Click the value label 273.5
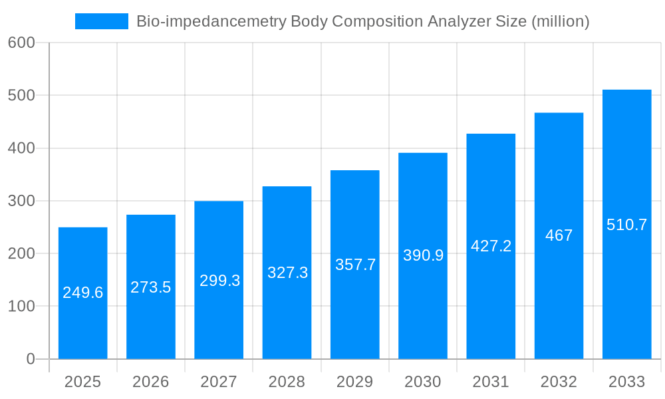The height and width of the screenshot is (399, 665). click(x=151, y=287)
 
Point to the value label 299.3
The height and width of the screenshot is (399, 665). click(x=219, y=281)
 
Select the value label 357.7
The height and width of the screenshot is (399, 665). click(x=355, y=265)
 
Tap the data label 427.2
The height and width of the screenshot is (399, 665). click(x=491, y=246)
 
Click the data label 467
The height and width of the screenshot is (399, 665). click(x=559, y=235)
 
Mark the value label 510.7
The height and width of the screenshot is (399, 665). click(x=626, y=225)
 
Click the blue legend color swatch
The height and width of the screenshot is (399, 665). click(x=101, y=21)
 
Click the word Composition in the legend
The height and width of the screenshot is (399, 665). click(x=377, y=21)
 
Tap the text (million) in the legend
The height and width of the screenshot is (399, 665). click(x=561, y=21)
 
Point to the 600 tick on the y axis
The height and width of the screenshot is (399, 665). click(x=21, y=43)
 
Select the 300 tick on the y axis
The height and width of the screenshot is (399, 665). click(x=21, y=201)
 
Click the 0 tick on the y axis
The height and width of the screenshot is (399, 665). click(x=30, y=359)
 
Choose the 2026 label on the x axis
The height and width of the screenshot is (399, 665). click(x=151, y=382)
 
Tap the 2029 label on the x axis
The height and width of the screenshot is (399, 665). click(x=355, y=382)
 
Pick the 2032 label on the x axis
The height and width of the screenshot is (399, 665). click(x=559, y=382)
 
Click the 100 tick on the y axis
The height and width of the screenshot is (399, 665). click(x=21, y=307)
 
